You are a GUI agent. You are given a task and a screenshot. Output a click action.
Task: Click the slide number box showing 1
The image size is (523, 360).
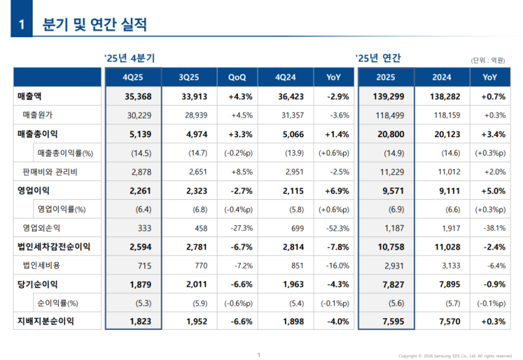coord(21,25)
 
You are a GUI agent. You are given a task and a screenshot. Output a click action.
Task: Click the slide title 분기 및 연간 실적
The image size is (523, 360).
coord(94,25)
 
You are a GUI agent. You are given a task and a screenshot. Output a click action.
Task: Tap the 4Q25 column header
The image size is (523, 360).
coord(133,77)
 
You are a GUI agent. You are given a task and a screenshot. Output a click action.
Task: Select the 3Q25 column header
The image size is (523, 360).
coord(189,77)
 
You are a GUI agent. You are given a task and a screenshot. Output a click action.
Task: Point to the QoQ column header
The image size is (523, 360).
coord(237,77)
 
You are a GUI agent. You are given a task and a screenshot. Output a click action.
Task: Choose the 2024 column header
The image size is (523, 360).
coord(441,77)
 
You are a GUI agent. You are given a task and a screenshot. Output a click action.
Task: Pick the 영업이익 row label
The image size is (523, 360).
coord(33,190)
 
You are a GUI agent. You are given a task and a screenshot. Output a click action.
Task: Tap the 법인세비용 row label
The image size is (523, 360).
coord(41,265)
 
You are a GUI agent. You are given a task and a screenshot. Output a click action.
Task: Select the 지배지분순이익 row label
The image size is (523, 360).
coord(46,321)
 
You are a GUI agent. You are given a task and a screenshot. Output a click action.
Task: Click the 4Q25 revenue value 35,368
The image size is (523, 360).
coord(138,97)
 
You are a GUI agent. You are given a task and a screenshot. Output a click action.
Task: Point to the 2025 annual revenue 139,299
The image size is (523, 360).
coord(390,97)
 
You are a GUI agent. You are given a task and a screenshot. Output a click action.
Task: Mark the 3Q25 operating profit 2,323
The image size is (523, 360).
coord(194,190)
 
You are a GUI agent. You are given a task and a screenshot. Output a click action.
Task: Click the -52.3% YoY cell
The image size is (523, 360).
coord(337,228)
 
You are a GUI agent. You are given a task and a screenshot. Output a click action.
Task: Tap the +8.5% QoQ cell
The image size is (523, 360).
coord(241,172)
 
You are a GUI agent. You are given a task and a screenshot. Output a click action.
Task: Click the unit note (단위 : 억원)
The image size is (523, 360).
coord(487,60)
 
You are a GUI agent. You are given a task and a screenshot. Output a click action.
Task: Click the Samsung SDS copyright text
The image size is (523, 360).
coord(455,355)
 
